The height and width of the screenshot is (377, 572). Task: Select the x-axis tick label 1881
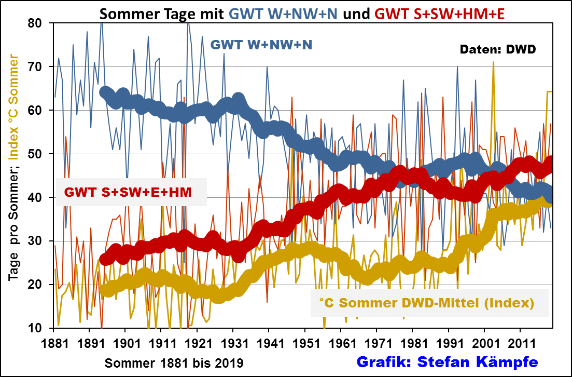pyautogui.click(x=53, y=344)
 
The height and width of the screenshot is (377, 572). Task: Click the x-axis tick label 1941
pyautogui.click(x=269, y=344)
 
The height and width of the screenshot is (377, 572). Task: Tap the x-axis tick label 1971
pyautogui.click(x=376, y=344)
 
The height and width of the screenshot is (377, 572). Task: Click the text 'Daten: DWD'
pyautogui.click(x=498, y=50)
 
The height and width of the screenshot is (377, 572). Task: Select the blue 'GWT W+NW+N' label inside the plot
pyautogui.click(x=261, y=45)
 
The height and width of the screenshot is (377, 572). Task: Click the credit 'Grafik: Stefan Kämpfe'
pyautogui.click(x=447, y=361)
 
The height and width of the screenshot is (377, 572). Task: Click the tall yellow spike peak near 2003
pyautogui.click(x=493, y=63)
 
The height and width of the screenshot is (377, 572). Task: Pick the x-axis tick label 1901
pyautogui.click(x=125, y=344)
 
